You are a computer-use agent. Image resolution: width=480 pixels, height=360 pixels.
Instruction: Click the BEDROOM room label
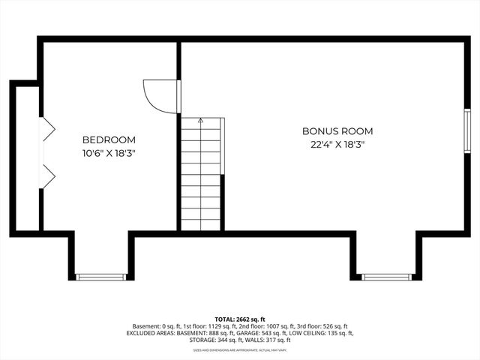click(109, 139)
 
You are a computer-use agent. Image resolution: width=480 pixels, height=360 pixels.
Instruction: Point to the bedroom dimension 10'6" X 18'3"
click(109, 153)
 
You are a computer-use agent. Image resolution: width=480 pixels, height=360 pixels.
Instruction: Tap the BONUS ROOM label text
click(337, 131)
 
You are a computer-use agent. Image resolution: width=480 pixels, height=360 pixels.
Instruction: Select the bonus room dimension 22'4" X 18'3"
click(337, 144)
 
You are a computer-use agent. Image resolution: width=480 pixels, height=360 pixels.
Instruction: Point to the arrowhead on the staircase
click(200, 120)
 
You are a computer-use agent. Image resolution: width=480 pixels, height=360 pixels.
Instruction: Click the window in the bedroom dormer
click(101, 277)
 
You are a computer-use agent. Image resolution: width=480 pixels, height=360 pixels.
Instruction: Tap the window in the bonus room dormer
click(386, 277)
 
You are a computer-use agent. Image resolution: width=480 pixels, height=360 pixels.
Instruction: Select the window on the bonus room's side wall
click(466, 130)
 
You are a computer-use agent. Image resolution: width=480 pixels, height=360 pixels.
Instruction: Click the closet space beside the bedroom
click(27, 157)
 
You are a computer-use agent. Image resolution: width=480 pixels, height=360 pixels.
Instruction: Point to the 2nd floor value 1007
click(277, 326)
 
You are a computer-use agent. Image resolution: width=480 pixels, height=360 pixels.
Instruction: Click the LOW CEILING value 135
click(332, 333)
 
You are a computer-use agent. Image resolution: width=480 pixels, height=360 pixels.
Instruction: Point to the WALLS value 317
click(263, 340)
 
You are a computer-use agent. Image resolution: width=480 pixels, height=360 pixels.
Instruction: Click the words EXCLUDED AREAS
click(153, 333)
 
